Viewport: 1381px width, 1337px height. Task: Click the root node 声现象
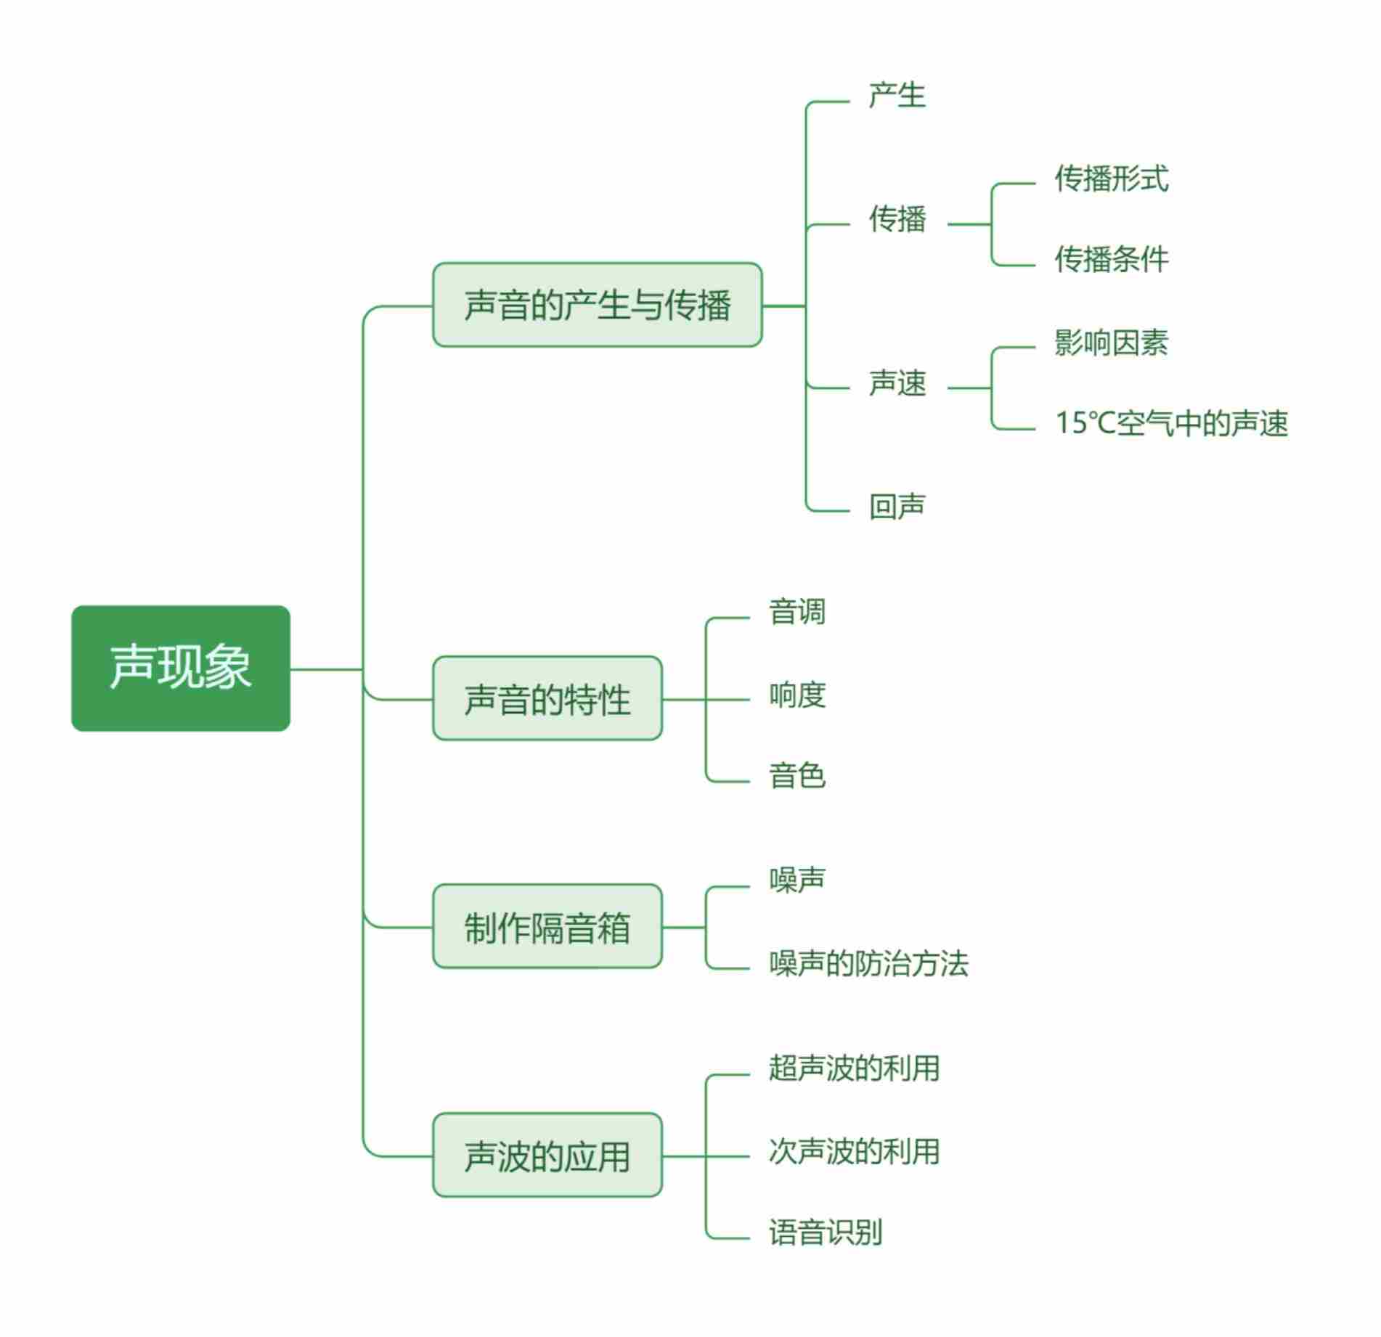click(181, 668)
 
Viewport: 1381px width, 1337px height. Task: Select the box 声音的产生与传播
click(597, 305)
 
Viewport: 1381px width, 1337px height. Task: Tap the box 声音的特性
click(547, 699)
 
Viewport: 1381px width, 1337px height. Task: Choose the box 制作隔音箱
click(547, 927)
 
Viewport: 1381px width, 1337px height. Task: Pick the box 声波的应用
click(547, 1156)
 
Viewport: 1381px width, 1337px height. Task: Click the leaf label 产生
click(897, 96)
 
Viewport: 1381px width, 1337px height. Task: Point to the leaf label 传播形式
click(1112, 179)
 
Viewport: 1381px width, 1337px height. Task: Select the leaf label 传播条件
click(1112, 259)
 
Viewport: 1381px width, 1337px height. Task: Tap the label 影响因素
click(1112, 343)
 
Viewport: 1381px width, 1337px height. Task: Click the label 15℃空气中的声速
click(1171, 424)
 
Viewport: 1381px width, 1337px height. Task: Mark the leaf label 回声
click(897, 506)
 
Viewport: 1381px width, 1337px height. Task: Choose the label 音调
click(797, 612)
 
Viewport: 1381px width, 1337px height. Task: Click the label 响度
click(797, 695)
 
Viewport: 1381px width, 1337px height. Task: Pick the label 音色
click(797, 775)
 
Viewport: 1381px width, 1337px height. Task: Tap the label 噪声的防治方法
click(868, 964)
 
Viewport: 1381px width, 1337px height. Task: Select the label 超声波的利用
click(854, 1068)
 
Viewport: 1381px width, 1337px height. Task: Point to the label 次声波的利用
click(854, 1151)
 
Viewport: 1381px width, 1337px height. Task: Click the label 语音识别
click(826, 1232)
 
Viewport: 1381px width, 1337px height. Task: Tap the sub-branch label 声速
click(897, 383)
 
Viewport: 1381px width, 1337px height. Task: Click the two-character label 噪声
click(797, 880)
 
